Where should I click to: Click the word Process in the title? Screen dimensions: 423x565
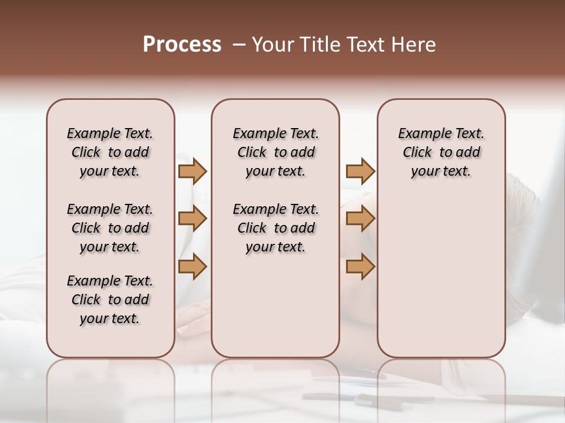click(x=181, y=45)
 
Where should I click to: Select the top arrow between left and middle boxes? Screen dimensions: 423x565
click(x=192, y=171)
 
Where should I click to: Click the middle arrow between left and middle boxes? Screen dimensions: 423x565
click(x=192, y=219)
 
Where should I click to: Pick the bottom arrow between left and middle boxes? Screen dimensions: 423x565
click(x=192, y=267)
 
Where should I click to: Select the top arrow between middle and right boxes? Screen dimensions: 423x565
click(x=360, y=171)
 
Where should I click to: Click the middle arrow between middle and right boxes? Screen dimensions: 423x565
click(x=360, y=219)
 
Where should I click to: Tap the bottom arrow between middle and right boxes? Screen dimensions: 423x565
click(x=360, y=267)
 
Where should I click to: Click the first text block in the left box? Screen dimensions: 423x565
click(x=110, y=152)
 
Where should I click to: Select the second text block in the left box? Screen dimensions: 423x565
click(x=110, y=228)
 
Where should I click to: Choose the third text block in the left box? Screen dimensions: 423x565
click(x=110, y=300)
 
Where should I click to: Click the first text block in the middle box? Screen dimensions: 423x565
click(x=275, y=152)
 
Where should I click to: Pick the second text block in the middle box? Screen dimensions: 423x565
click(x=275, y=228)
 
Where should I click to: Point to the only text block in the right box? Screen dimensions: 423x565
click(x=441, y=152)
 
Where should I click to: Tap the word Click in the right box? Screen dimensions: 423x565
click(x=417, y=153)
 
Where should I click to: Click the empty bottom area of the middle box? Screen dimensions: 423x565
click(x=275, y=311)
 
